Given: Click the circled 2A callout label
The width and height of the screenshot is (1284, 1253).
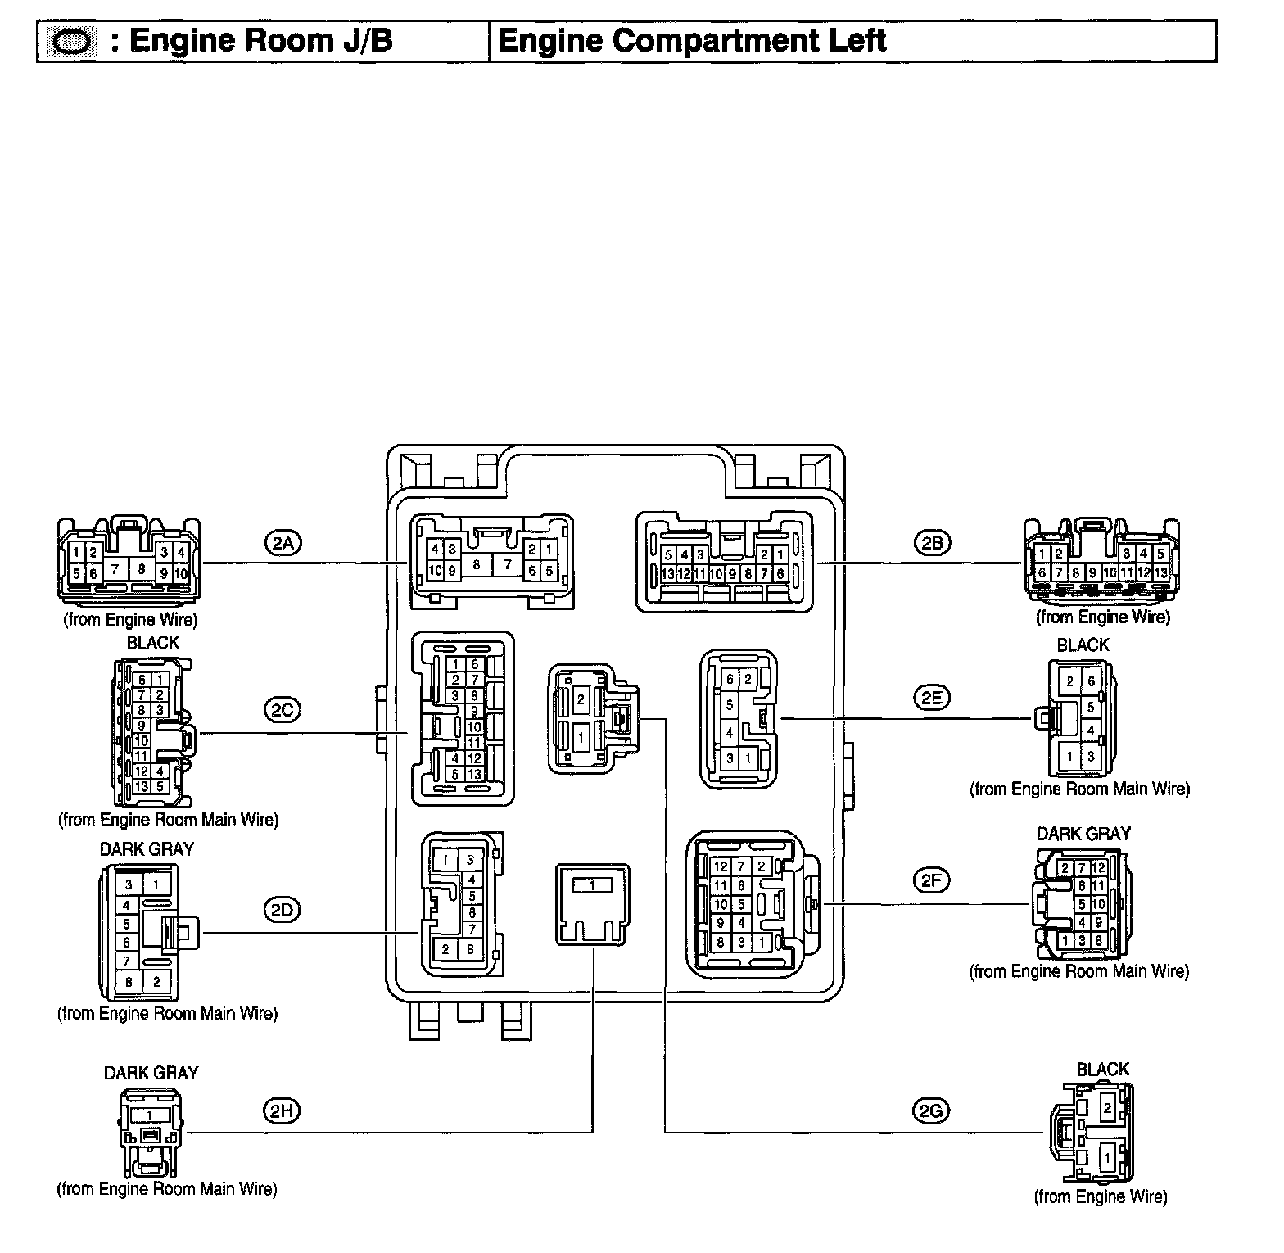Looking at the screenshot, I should [x=283, y=543].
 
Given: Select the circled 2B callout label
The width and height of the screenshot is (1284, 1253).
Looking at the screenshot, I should [x=931, y=543].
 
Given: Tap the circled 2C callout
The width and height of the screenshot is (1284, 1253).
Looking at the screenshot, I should [x=282, y=709].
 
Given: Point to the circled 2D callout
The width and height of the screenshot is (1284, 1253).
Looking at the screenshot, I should [x=283, y=909].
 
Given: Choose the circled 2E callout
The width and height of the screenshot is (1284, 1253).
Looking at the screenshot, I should [x=931, y=698].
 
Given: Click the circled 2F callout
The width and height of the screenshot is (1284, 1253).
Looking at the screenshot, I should [x=931, y=880].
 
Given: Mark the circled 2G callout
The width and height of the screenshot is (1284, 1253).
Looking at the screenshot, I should [x=930, y=1111].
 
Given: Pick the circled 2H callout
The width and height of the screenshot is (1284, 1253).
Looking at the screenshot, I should [x=282, y=1111].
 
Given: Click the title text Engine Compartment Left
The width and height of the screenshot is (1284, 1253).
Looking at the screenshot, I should [x=692, y=41].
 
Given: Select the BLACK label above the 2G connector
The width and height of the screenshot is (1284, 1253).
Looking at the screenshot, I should [x=1102, y=1070].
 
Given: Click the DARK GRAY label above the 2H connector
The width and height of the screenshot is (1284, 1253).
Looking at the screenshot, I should [x=151, y=1073].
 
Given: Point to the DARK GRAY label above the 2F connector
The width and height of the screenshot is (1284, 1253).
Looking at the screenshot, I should [x=1083, y=834].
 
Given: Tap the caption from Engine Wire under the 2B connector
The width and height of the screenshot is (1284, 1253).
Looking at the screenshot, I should [x=1103, y=617].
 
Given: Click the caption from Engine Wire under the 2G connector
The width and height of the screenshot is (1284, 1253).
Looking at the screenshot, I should [x=1101, y=1196].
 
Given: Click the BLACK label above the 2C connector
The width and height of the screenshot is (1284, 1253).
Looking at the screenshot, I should [x=153, y=644].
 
